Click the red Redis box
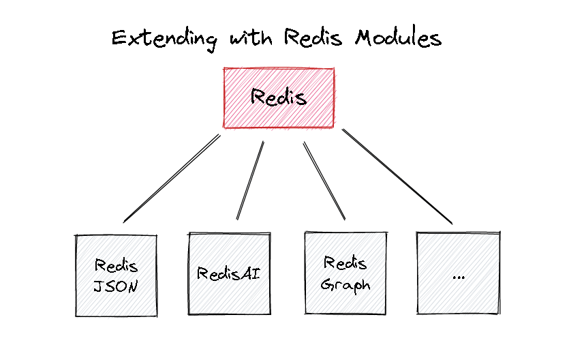coord(279,97)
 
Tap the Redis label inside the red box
coord(279,97)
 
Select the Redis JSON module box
coord(116,275)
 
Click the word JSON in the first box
coord(116,286)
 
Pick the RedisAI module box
coord(229,274)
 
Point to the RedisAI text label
coord(229,274)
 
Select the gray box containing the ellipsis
coord(458,273)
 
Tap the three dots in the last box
coord(458,277)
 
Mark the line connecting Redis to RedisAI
coord(250,181)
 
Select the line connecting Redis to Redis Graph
coord(324,181)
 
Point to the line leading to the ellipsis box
coord(397,177)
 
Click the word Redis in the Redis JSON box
coord(116,265)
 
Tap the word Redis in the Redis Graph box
coord(345,262)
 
